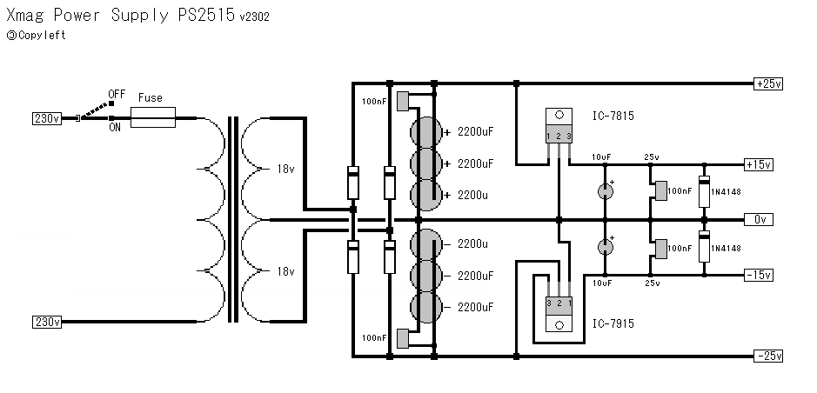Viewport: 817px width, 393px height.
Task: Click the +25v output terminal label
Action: point(768,84)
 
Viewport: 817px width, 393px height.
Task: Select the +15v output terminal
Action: point(758,164)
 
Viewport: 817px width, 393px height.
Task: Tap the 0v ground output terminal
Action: point(762,219)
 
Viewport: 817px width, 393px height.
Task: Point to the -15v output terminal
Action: point(758,275)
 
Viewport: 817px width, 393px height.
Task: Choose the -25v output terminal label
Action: point(768,356)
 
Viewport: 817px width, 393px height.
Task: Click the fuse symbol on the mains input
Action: point(153,117)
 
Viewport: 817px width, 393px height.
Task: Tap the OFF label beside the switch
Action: point(117,93)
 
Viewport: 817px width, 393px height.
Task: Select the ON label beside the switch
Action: point(115,128)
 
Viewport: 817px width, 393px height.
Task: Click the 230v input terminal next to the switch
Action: point(46,117)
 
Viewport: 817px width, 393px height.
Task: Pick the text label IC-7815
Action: point(613,115)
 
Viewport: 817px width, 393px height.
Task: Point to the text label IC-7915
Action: point(613,323)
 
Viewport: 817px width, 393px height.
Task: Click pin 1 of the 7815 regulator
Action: point(550,137)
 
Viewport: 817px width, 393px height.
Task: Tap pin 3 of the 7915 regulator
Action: point(550,303)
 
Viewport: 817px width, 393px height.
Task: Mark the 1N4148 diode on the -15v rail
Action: point(704,248)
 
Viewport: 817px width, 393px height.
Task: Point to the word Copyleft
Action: point(42,36)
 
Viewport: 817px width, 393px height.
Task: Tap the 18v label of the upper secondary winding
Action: point(285,168)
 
